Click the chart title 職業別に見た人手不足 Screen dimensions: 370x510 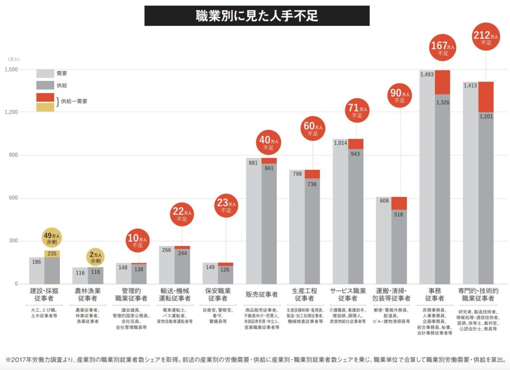pos(256,16)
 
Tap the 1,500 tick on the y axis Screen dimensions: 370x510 pos(11,70)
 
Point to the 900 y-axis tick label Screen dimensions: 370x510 pos(14,155)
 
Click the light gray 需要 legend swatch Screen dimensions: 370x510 pos(45,73)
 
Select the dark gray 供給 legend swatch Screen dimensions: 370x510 pos(45,86)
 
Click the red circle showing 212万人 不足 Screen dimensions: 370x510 pos(486,39)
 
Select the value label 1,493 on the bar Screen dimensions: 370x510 pos(427,75)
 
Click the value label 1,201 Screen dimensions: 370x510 pos(486,116)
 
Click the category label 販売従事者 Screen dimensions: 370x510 pos(261,294)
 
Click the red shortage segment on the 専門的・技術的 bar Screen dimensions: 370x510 pos(486,96)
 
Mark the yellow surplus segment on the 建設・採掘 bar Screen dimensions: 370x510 pos(51,254)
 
